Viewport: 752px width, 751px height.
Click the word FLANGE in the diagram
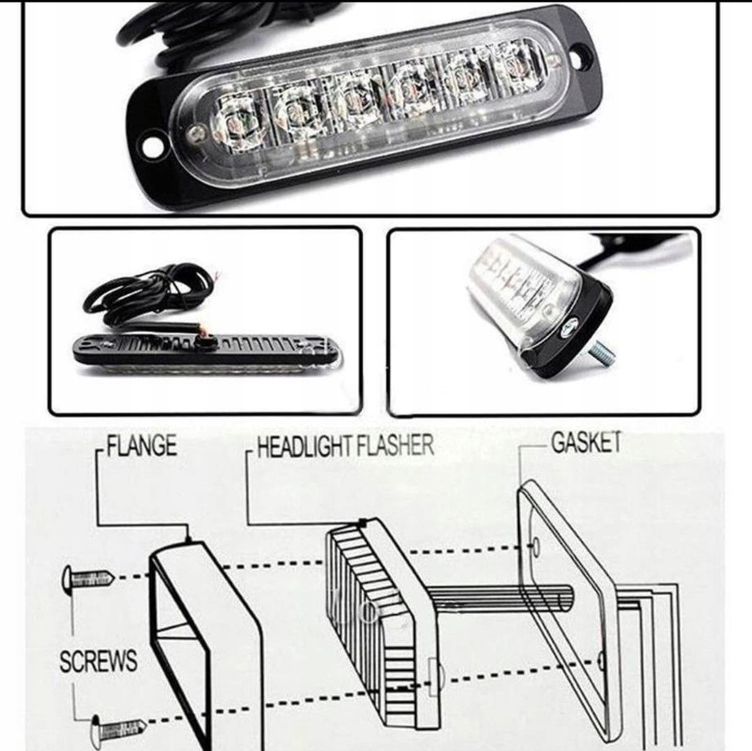pyautogui.click(x=141, y=445)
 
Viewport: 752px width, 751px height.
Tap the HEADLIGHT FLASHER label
pyautogui.click(x=345, y=445)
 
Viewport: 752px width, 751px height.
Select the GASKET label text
pyautogui.click(x=586, y=442)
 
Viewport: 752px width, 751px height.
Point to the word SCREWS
pyautogui.click(x=99, y=660)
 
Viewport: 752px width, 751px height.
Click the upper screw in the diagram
pyautogui.click(x=88, y=579)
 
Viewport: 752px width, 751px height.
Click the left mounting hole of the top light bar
pyautogui.click(x=151, y=147)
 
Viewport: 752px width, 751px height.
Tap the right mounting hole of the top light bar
pyautogui.click(x=580, y=51)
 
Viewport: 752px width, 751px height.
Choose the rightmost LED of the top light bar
pyautogui.click(x=519, y=62)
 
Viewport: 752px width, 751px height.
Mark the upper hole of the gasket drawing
pyautogui.click(x=536, y=546)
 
